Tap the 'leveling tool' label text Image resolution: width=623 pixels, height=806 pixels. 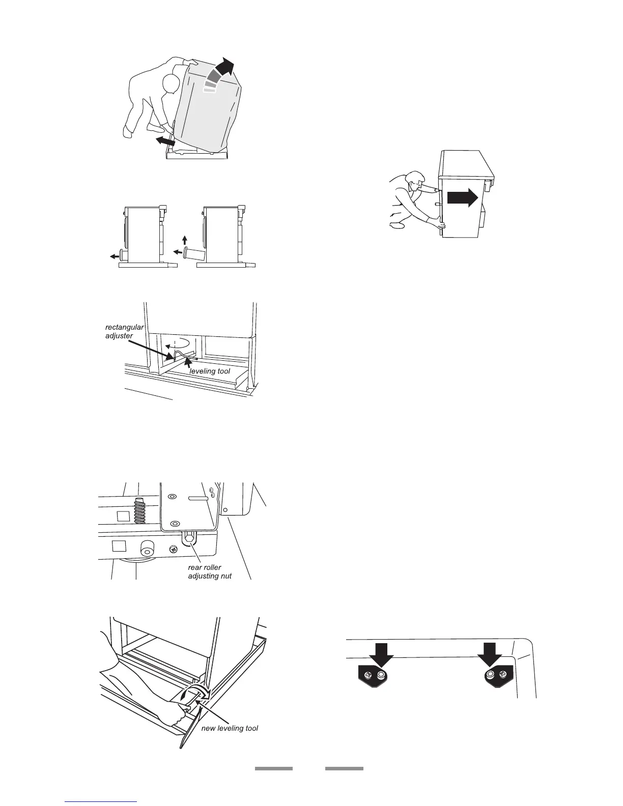click(x=209, y=371)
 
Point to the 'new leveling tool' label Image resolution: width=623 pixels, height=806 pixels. click(x=230, y=728)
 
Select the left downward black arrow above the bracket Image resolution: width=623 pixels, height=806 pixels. click(x=381, y=654)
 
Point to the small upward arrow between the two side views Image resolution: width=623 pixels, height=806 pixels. click(x=185, y=239)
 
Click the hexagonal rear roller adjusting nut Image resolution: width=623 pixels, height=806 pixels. click(x=189, y=537)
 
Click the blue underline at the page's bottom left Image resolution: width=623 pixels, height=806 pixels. click(x=101, y=801)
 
